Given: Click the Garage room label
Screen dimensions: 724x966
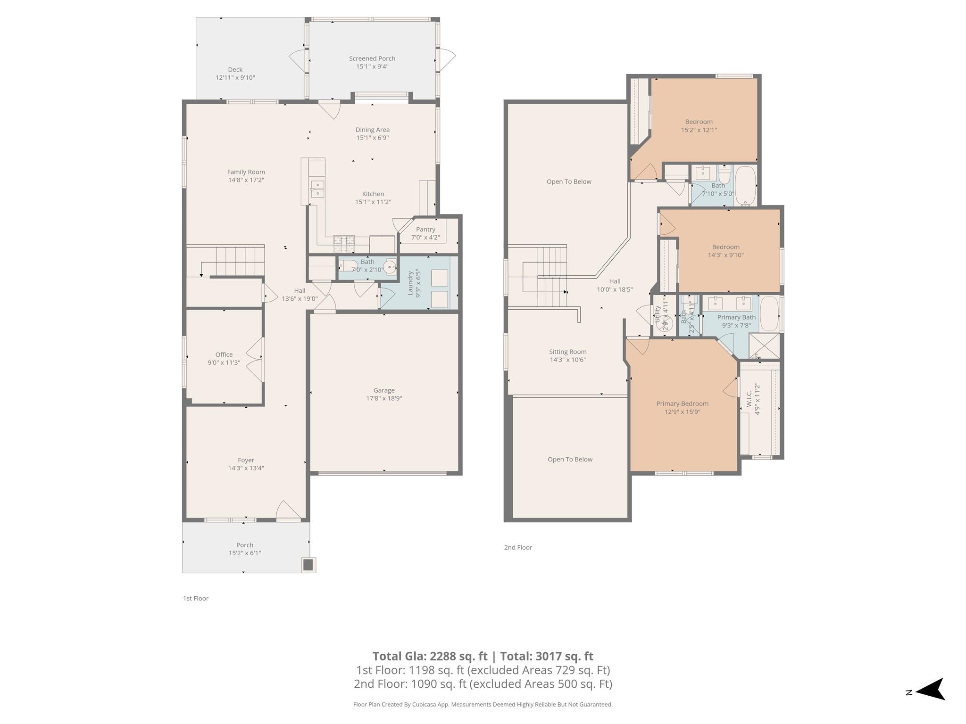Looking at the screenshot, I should pyautogui.click(x=383, y=390).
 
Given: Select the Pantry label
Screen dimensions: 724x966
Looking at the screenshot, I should pyautogui.click(x=425, y=230).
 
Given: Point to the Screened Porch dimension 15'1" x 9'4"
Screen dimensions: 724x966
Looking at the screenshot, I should pyautogui.click(x=372, y=66).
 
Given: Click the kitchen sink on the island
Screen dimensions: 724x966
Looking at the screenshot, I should pyautogui.click(x=317, y=189).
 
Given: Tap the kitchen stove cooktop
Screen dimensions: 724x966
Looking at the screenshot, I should pyautogui.click(x=344, y=243).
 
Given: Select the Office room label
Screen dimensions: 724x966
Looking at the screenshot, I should pyautogui.click(x=224, y=354).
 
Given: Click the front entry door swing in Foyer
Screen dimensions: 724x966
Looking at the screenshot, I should pyautogui.click(x=287, y=511).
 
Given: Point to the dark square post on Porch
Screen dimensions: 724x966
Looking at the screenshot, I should pyautogui.click(x=308, y=565).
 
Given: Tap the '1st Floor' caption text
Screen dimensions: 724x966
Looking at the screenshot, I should pyautogui.click(x=196, y=598).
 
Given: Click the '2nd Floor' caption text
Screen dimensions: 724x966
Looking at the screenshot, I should pyautogui.click(x=518, y=547).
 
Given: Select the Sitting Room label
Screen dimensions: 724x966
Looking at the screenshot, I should pyautogui.click(x=567, y=352).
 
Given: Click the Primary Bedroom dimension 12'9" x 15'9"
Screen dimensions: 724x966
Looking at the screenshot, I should pyautogui.click(x=682, y=411).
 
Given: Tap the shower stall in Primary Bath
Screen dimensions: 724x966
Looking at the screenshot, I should pyautogui.click(x=764, y=346).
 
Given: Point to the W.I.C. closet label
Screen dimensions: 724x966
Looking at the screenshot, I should pyautogui.click(x=749, y=398).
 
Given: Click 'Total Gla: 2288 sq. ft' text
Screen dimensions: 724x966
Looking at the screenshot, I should pyautogui.click(x=429, y=656).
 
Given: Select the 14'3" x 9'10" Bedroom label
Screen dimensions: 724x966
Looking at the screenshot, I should pyautogui.click(x=725, y=247).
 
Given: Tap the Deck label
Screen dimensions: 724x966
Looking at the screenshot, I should pyautogui.click(x=235, y=69).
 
